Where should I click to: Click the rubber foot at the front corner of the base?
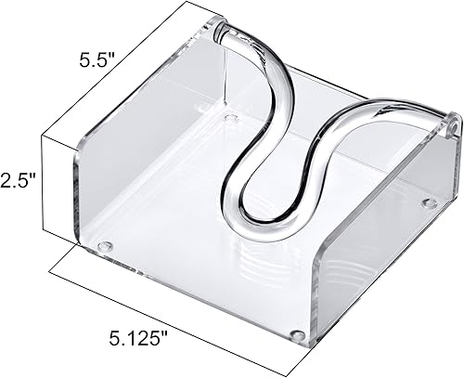click(296, 333)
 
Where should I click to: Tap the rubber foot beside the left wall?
click(105, 247)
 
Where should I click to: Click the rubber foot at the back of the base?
click(228, 119)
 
